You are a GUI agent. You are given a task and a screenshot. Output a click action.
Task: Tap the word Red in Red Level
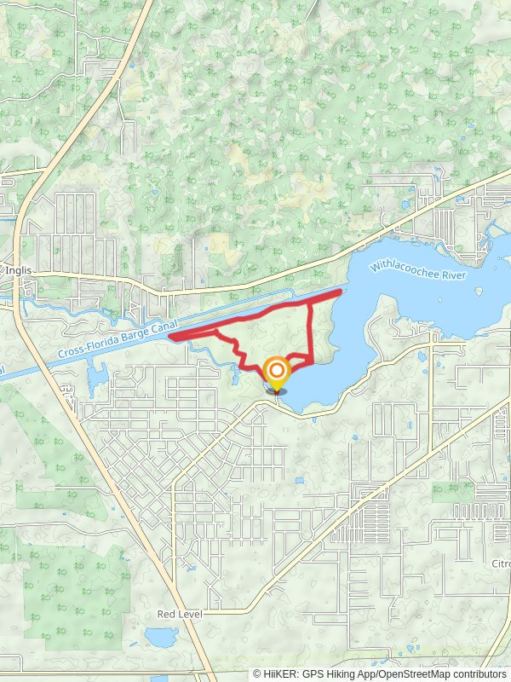[165, 614]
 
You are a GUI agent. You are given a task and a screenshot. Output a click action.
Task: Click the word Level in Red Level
[187, 614]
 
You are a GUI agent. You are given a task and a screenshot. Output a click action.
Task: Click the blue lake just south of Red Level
[158, 637]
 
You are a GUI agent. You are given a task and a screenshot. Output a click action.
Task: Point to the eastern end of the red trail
[340, 292]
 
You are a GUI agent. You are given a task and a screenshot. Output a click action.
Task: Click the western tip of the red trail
[171, 338]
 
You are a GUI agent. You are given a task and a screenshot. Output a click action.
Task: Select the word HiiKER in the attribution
[279, 673]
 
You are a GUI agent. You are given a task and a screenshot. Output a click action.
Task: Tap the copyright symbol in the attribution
[257, 673]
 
